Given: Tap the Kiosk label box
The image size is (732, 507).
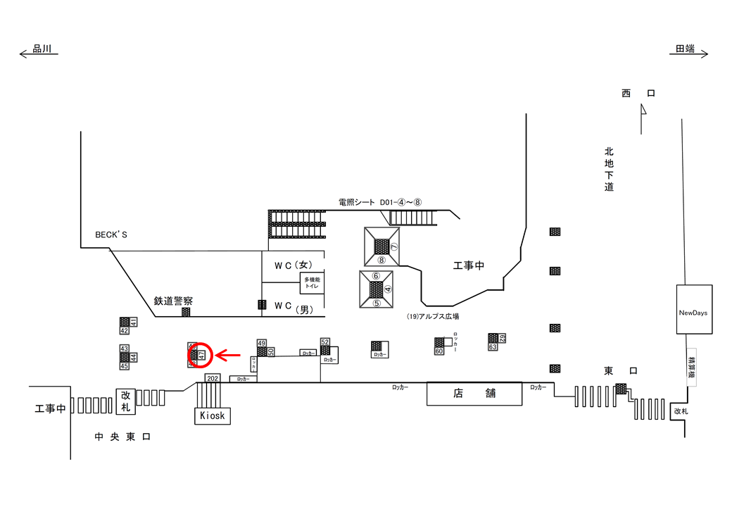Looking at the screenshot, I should pyautogui.click(x=213, y=415).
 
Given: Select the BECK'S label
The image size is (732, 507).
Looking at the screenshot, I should pyautogui.click(x=112, y=234).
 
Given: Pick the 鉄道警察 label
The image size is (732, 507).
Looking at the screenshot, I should pyautogui.click(x=173, y=301).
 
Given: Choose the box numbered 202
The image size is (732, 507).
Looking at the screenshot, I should pyautogui.click(x=213, y=378).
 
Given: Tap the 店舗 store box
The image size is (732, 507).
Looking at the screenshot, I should pyautogui.click(x=474, y=393).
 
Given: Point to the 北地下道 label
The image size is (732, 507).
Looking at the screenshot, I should pyautogui.click(x=609, y=169).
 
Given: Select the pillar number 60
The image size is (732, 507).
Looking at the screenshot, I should pyautogui.click(x=438, y=351).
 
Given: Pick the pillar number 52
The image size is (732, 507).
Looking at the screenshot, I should pyautogui.click(x=325, y=342).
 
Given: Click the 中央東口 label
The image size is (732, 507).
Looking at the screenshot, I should pyautogui.click(x=123, y=437).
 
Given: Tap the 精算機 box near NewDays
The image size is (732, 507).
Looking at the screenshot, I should pyautogui.click(x=691, y=365).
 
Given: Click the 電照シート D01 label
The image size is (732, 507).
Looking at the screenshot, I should pyautogui.click(x=379, y=202).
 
